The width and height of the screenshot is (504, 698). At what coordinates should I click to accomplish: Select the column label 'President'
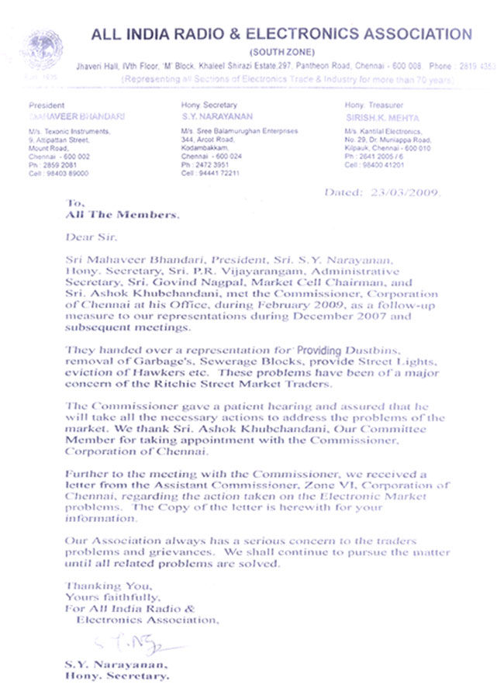(46, 105)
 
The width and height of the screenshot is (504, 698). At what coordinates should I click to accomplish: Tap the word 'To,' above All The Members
(74, 203)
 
